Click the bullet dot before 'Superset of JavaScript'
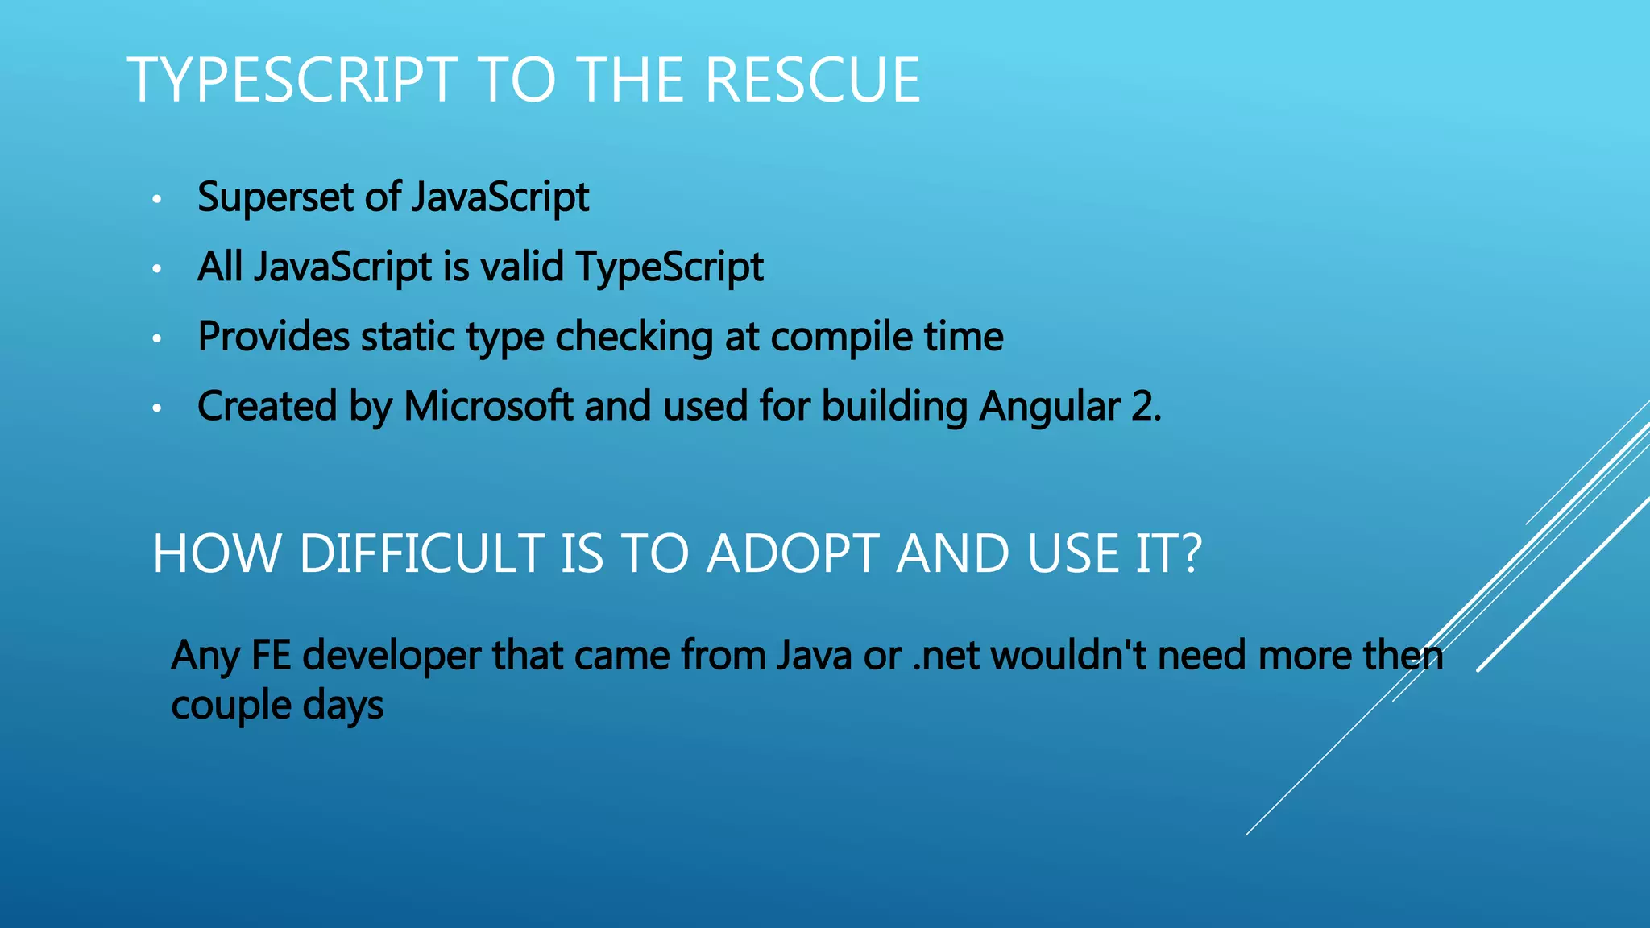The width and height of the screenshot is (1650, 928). (157, 198)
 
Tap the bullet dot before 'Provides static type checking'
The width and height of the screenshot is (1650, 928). (157, 338)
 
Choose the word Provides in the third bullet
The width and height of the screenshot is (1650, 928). (274, 337)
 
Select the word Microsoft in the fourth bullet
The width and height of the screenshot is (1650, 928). (488, 406)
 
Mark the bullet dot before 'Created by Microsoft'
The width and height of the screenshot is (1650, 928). (157, 408)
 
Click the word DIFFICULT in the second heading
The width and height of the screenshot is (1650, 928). (422, 554)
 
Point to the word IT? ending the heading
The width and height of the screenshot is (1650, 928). (1167, 554)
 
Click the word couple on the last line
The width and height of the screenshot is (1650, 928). (231, 706)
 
